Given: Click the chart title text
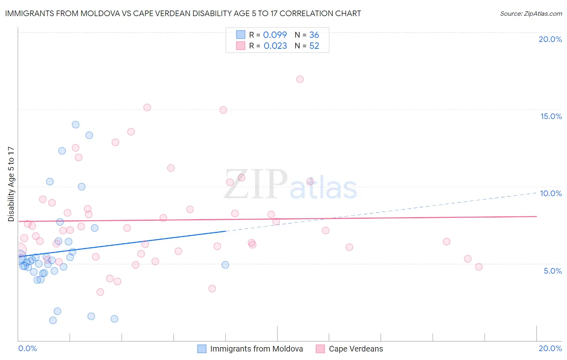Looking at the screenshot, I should point(183,13).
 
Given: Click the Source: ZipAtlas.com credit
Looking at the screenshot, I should point(531,13).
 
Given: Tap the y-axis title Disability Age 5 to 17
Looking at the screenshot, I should point(11,184).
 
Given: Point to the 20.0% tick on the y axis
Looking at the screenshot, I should point(550,39).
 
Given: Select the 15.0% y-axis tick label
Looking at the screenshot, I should point(551,116).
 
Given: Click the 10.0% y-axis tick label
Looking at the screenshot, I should point(551,193).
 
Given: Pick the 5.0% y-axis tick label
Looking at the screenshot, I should point(552,271).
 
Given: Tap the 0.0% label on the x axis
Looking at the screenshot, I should point(27,348).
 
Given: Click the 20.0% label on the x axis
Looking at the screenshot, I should point(550,348).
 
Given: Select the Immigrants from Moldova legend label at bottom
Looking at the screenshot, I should point(256,349).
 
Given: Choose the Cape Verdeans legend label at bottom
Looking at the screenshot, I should point(356,349).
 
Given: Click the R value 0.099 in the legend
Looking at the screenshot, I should point(275,35).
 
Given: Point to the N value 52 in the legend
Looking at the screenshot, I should point(314,46).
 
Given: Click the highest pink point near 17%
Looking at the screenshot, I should point(300,79).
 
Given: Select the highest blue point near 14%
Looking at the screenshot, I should point(75,125).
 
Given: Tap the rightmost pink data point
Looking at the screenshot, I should point(479,267).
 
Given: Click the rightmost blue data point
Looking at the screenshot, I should point(225,265).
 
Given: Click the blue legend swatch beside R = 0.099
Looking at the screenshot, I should point(241,35).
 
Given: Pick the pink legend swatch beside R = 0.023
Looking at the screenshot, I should point(241,46).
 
